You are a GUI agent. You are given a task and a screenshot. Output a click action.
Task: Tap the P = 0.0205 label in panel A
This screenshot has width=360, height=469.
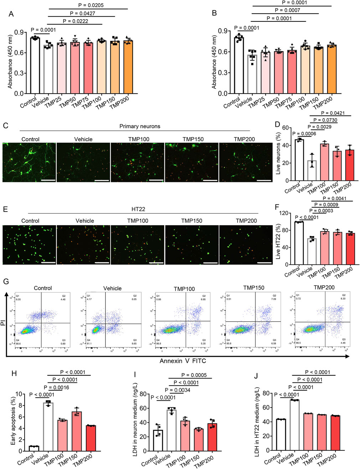[x=91, y=5]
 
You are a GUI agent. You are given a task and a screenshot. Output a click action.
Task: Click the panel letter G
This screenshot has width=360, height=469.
[x=6, y=281]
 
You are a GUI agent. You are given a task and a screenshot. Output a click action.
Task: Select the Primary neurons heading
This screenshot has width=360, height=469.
[x=140, y=126]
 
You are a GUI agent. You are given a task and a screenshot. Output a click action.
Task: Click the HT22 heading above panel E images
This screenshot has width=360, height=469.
[x=138, y=209]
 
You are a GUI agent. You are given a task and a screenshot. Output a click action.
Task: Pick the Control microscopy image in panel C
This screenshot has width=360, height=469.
[x=29, y=162]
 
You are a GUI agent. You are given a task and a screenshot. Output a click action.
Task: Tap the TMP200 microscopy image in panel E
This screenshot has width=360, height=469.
[x=246, y=245]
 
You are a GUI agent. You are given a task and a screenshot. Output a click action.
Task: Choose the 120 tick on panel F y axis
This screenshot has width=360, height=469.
[x=284, y=213]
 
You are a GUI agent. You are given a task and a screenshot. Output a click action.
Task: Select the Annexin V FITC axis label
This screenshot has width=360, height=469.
[x=182, y=361]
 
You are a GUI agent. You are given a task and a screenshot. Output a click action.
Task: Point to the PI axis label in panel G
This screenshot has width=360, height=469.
[x=3, y=323]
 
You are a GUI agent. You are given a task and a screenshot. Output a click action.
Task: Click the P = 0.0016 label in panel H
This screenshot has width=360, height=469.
[x=56, y=387]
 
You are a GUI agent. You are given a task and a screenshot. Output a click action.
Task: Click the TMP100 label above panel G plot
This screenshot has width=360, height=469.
[x=184, y=289]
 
